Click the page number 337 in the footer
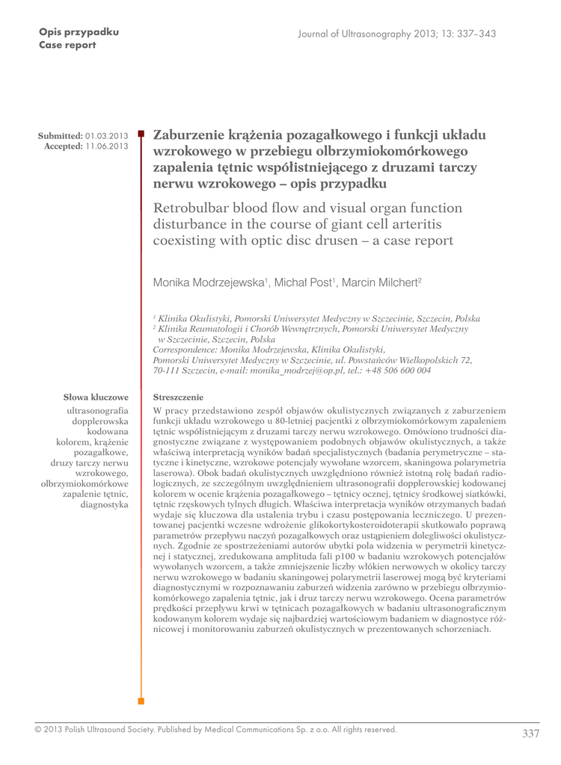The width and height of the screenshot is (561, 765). coord(530,734)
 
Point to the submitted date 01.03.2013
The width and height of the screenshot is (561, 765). coord(107,136)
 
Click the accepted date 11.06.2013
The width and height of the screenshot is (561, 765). coord(107,146)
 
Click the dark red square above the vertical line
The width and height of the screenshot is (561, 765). coord(141,131)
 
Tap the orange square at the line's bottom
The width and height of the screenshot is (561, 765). coord(141,701)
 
